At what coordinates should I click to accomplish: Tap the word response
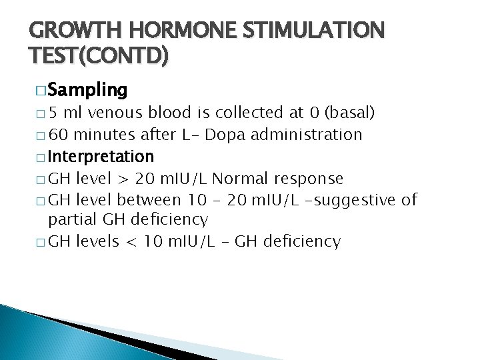point(310,179)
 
